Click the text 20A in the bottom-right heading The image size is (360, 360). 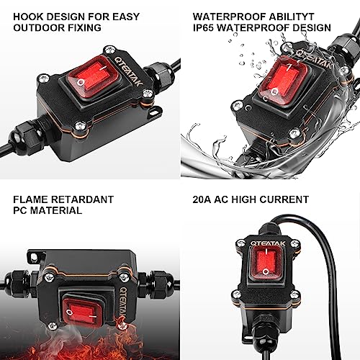click(x=203, y=199)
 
